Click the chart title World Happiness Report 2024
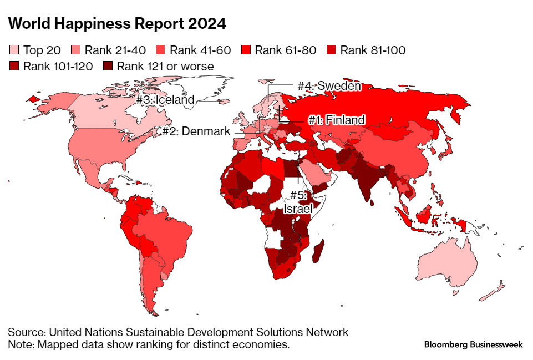(x=117, y=24)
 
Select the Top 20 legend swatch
(x=13, y=50)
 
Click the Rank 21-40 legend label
(x=115, y=50)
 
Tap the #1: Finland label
(x=337, y=120)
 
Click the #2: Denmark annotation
(x=196, y=131)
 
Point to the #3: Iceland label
(x=165, y=100)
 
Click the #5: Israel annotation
(x=298, y=203)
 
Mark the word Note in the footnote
(x=20, y=344)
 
